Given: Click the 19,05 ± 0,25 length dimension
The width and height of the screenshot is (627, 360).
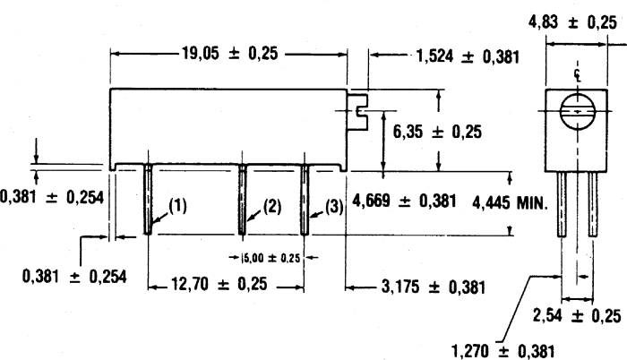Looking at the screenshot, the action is [x=229, y=53].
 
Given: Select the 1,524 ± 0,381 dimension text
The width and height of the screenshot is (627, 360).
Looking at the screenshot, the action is [x=468, y=56].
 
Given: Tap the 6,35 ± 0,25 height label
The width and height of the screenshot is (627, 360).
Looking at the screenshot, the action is [x=437, y=132].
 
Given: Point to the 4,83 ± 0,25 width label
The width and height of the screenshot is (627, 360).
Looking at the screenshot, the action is [x=572, y=22].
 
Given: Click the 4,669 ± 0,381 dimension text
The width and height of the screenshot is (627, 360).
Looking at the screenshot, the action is [x=404, y=201].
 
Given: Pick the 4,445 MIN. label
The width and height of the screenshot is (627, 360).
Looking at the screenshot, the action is [x=510, y=203].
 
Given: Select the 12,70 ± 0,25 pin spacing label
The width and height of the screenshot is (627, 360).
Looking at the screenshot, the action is [x=219, y=284].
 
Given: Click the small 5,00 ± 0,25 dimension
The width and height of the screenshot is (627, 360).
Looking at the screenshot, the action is [x=271, y=258].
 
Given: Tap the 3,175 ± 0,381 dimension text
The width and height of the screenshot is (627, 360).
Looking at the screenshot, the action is [x=433, y=287].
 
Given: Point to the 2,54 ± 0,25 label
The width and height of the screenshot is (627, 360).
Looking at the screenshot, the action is [x=577, y=315].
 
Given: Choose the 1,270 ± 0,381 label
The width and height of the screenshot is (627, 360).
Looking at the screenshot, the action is [x=503, y=352].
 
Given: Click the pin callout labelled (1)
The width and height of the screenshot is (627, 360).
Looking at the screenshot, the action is [x=177, y=206].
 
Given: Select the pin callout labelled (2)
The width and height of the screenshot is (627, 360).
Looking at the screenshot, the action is [x=272, y=206].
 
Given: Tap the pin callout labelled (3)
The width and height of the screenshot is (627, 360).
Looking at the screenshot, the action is [x=334, y=207].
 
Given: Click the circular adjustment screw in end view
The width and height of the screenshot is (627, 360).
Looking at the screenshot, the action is [x=578, y=111].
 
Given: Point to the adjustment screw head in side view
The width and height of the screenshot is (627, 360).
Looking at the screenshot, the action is [x=357, y=113].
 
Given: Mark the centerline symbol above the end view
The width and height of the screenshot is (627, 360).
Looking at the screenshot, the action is [x=578, y=74].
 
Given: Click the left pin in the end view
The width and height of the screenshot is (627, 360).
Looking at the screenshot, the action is [x=562, y=204].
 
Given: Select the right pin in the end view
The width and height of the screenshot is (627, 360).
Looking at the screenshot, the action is [x=593, y=204].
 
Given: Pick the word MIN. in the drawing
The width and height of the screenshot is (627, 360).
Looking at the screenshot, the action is [x=532, y=203].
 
